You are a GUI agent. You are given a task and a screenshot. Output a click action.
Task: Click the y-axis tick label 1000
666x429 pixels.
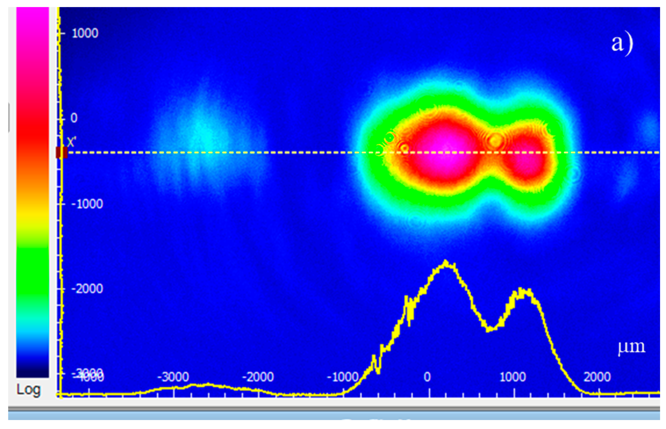(85, 33)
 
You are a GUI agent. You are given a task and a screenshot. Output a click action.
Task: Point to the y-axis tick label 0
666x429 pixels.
(74, 118)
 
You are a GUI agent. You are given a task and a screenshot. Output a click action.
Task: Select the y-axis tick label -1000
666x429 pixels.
(87, 204)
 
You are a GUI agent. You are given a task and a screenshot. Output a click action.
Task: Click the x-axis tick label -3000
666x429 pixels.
(173, 377)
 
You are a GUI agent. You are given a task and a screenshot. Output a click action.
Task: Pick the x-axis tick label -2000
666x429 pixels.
(258, 377)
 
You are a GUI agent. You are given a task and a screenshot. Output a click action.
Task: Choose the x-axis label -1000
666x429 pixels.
(342, 377)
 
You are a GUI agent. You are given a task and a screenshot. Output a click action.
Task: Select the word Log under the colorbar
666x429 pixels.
(28, 390)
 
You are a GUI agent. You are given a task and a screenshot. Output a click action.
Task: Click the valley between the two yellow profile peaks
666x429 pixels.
(490, 330)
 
